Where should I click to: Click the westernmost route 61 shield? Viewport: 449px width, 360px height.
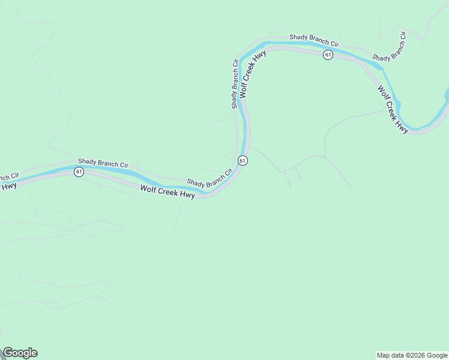(79, 172)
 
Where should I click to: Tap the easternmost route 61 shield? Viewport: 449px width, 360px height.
(327, 55)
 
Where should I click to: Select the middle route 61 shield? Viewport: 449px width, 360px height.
(242, 160)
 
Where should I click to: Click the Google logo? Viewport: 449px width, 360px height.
(20, 353)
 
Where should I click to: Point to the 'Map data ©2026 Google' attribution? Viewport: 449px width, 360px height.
(412, 355)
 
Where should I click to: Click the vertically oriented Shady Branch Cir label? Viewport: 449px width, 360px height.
(235, 83)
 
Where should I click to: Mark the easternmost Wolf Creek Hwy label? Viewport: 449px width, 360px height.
(393, 109)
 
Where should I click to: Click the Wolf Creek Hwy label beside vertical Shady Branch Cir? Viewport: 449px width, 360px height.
(252, 74)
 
